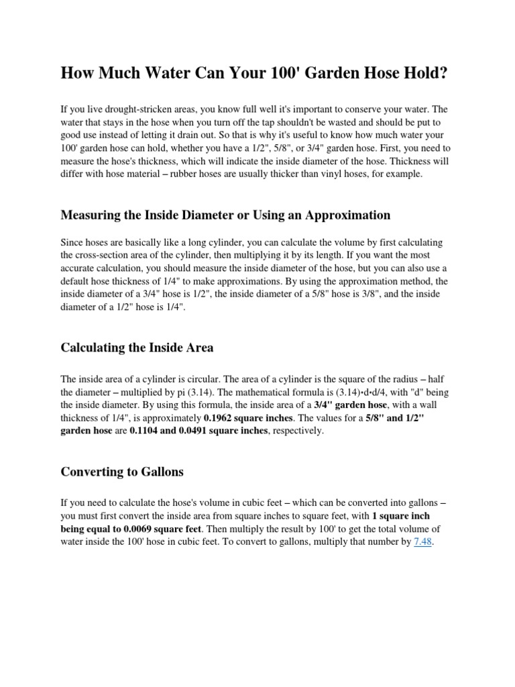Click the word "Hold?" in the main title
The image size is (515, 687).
click(x=420, y=73)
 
